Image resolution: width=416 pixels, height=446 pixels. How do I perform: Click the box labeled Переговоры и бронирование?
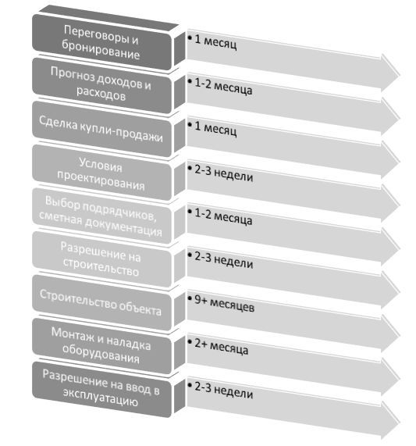click(x=101, y=42)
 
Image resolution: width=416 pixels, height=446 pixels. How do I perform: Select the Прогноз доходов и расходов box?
click(x=101, y=85)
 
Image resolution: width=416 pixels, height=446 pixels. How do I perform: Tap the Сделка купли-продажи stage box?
click(x=101, y=129)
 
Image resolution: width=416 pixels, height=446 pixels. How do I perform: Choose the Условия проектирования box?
click(x=101, y=173)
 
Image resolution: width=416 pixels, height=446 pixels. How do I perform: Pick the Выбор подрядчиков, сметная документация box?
click(x=101, y=216)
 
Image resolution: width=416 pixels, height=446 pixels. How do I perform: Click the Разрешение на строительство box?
click(x=101, y=259)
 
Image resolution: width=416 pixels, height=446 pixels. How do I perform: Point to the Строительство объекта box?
click(x=101, y=302)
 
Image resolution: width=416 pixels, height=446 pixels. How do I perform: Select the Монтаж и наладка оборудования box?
click(x=101, y=346)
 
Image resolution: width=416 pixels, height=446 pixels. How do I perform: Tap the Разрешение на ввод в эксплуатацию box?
click(x=101, y=390)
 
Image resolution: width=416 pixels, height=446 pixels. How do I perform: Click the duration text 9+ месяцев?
click(x=225, y=303)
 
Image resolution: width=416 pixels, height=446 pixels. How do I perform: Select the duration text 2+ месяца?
click(x=222, y=347)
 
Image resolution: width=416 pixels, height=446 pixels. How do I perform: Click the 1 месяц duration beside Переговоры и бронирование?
click(x=215, y=42)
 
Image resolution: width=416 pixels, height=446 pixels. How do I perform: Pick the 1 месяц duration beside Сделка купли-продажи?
click(x=215, y=129)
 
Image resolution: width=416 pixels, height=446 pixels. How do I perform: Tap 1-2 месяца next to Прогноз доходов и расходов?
click(x=223, y=86)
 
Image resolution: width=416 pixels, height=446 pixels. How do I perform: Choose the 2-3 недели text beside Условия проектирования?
click(x=224, y=173)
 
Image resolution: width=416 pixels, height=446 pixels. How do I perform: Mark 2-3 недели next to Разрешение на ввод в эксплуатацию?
click(x=224, y=390)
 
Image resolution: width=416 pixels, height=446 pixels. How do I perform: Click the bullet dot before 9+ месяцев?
click(x=190, y=298)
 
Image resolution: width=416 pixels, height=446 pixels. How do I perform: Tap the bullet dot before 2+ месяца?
click(x=190, y=341)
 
